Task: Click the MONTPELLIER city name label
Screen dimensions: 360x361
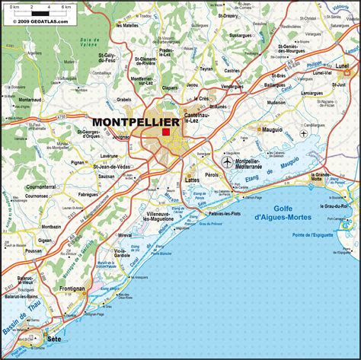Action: [x=136, y=122]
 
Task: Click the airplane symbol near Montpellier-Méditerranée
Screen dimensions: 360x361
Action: [x=227, y=162]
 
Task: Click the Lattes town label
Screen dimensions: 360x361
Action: [x=192, y=180]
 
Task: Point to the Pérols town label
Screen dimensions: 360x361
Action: [x=232, y=175]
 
